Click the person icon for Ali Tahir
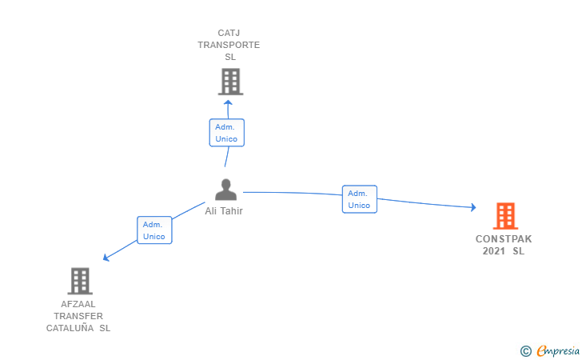tap(226, 190)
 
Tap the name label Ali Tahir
tap(224, 211)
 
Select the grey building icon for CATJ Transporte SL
tap(230, 82)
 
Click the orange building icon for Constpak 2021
tap(504, 216)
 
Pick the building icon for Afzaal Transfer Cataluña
tap(80, 281)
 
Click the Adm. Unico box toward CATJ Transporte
tap(227, 133)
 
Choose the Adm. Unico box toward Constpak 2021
tap(360, 199)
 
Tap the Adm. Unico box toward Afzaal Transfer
tap(154, 230)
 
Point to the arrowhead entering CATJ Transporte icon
tap(228, 102)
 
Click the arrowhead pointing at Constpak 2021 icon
tap(472, 207)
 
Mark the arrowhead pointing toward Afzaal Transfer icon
tap(106, 257)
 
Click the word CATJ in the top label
tap(229, 34)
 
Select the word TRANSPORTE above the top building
tap(229, 45)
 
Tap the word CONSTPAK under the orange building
tap(504, 239)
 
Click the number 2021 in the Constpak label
tap(494, 251)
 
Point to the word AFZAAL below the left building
tap(78, 304)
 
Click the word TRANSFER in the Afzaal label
tap(78, 316)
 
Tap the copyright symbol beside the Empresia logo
tap(525, 350)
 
